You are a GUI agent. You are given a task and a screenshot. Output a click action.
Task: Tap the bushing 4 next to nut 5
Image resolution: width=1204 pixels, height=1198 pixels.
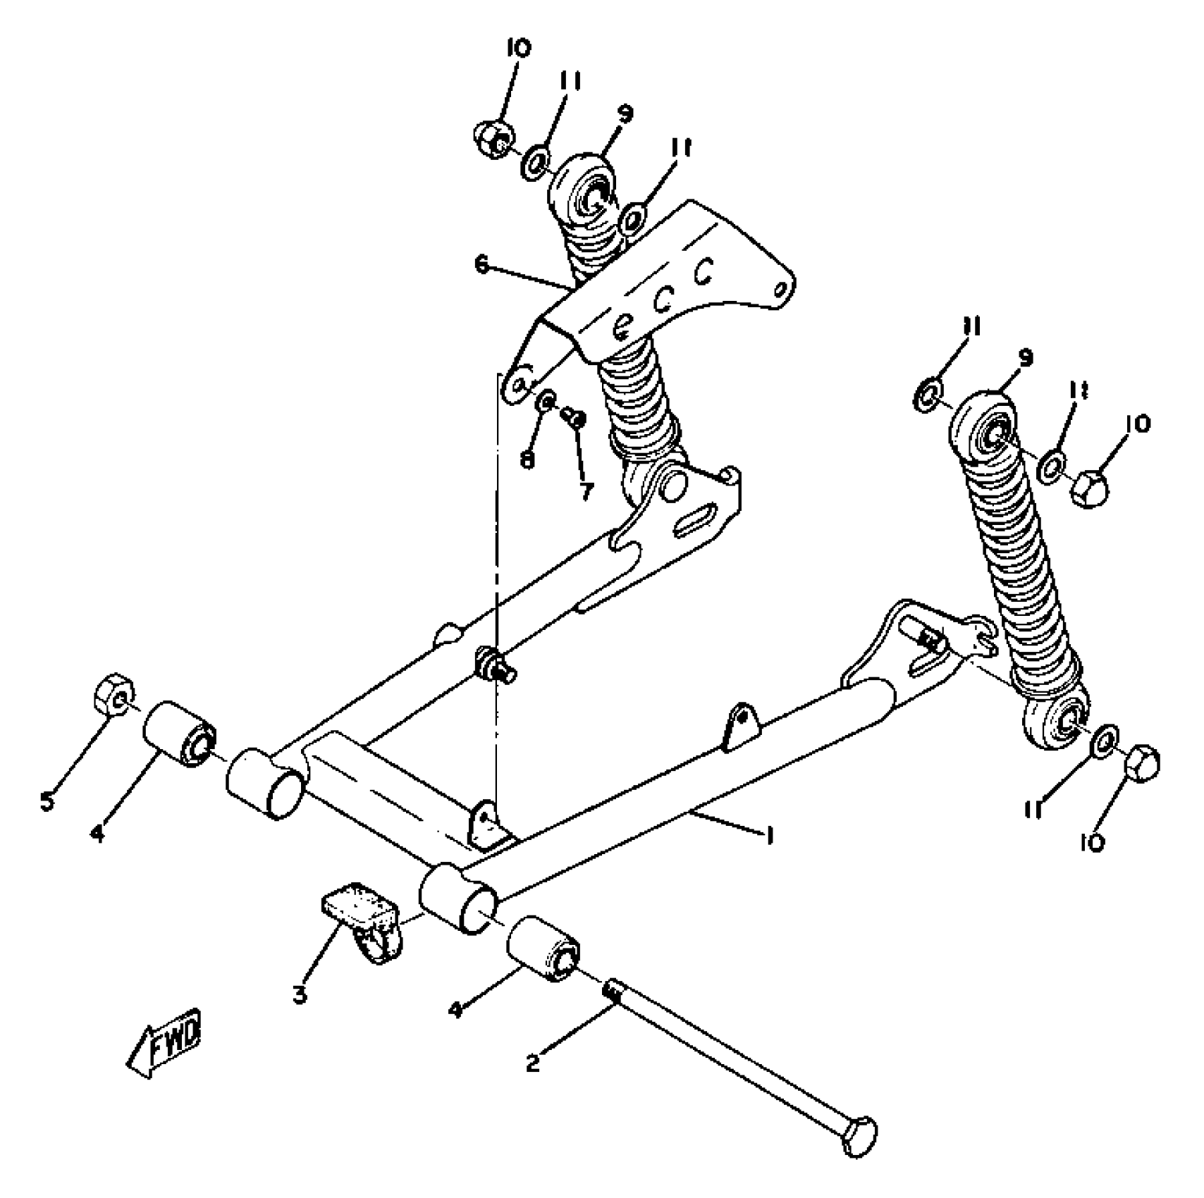[179, 736]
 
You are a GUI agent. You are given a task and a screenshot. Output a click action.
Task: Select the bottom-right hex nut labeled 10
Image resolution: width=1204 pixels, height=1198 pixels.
[1143, 764]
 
